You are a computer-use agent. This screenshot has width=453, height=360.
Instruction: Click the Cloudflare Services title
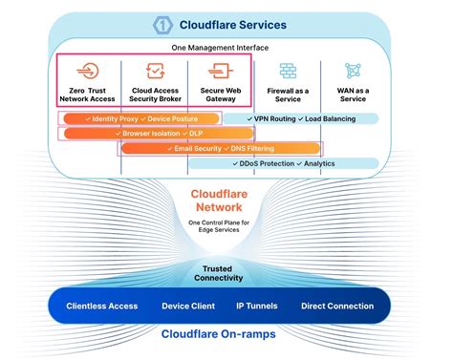pyautogui.click(x=239, y=23)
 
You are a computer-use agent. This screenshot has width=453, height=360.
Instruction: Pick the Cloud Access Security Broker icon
pyautogui.click(x=153, y=72)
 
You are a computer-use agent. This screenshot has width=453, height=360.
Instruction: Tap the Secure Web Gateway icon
pyautogui.click(x=219, y=72)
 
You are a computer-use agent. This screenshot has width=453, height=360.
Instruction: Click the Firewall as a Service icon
pyautogui.click(x=287, y=72)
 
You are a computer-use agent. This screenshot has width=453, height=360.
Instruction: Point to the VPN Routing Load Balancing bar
pyautogui.click(x=299, y=118)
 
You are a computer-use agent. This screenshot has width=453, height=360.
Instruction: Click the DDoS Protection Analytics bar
pyautogui.click(x=296, y=163)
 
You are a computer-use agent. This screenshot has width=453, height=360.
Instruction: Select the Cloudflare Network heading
pyautogui.click(x=226, y=200)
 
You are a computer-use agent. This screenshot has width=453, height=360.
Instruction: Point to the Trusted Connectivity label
pyautogui.click(x=226, y=274)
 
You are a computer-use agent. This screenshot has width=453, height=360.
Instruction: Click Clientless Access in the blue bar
pyautogui.click(x=102, y=307)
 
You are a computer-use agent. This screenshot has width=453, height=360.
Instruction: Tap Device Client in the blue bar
pyautogui.click(x=187, y=307)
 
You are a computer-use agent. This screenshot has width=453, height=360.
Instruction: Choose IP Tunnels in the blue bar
pyautogui.click(x=257, y=307)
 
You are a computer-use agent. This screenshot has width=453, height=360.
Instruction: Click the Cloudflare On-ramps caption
pyautogui.click(x=226, y=336)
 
